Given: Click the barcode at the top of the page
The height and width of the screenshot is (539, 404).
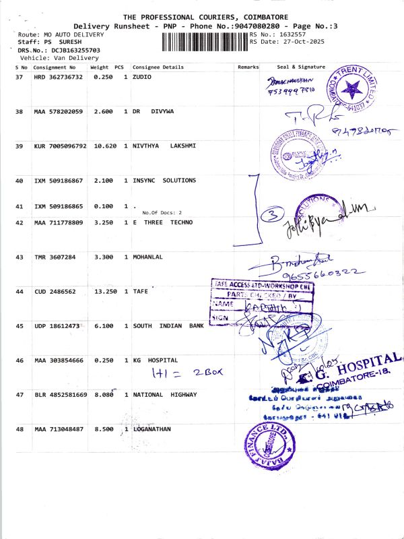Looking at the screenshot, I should point(205,42).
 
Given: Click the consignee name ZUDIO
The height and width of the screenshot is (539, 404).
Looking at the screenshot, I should point(142,77).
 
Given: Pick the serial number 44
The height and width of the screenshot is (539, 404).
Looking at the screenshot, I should point(20,292).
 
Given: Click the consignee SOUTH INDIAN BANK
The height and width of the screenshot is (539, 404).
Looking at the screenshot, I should point(168,326).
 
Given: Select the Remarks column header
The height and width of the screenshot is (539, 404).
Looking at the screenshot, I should point(248,67).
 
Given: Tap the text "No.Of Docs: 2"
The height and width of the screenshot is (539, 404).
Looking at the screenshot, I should point(162,213).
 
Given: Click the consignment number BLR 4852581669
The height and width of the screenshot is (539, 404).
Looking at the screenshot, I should point(61,394).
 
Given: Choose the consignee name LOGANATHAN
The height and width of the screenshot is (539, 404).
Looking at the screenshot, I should point(153,429).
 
